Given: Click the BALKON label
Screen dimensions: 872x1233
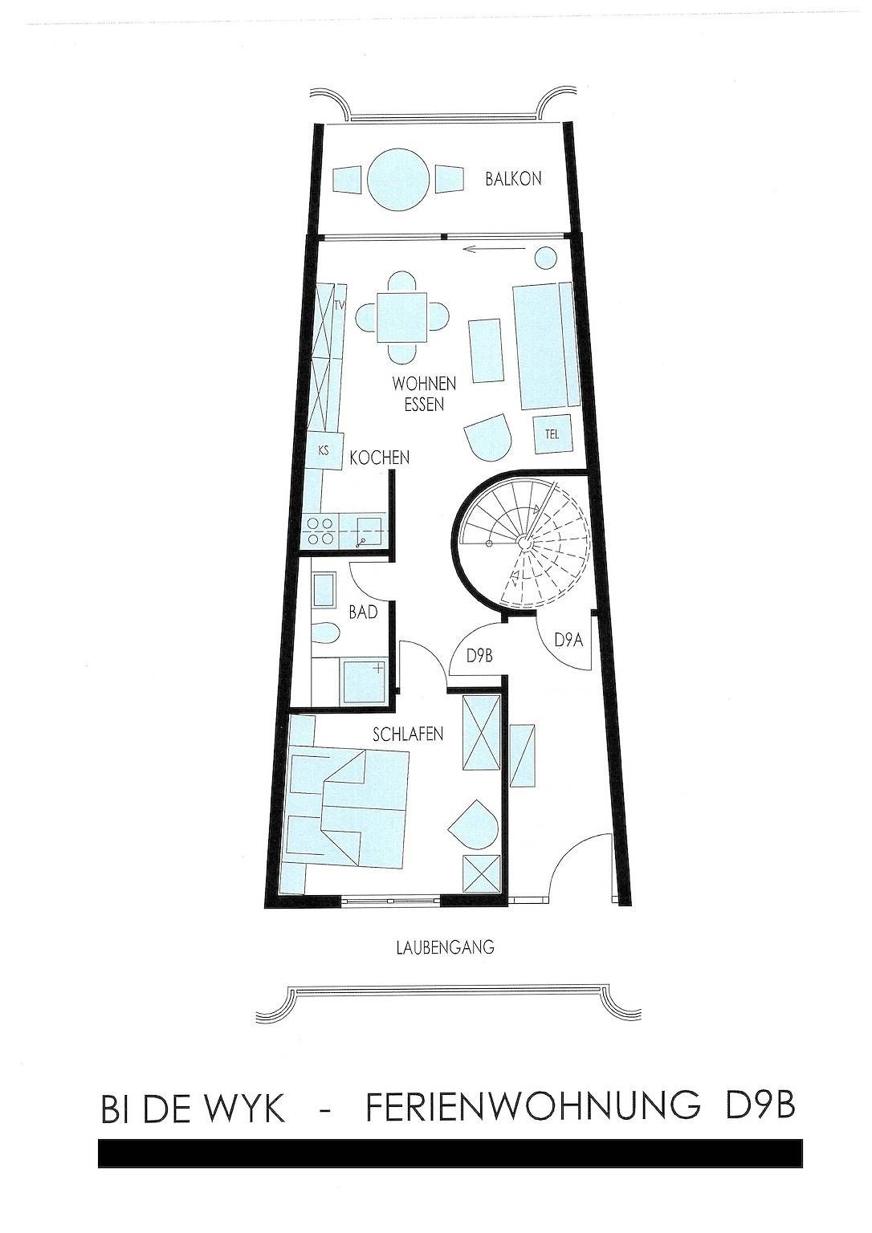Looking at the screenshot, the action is pos(513,179).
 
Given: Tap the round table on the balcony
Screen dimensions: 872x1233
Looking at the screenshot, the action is pos(397,180).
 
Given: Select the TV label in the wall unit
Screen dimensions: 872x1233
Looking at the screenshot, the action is pos(339,307).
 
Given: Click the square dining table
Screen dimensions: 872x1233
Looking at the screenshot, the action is pos(402,317).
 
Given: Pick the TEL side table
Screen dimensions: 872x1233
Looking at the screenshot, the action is pos(552,434).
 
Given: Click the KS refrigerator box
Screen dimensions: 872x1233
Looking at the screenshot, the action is pos(323,450).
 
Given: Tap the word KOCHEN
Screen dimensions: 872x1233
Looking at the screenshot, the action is pos(380,458).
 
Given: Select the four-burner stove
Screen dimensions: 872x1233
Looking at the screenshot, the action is pos(320,531).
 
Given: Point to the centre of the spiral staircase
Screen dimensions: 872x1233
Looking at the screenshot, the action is pos(524,543).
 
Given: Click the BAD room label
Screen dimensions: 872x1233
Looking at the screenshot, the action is pos(363,612).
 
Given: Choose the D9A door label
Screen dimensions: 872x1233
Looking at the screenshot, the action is pos(568,641).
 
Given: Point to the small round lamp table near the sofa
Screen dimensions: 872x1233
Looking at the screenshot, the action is pos(545,257).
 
